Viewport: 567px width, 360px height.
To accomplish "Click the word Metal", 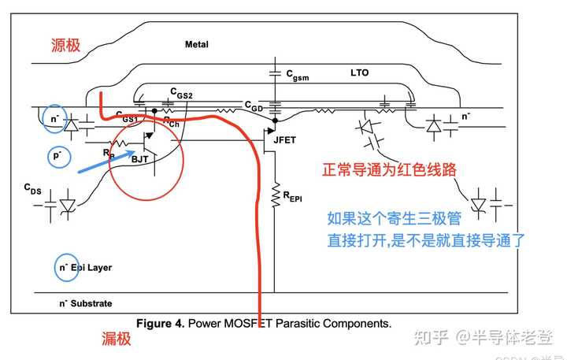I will (x=196, y=45).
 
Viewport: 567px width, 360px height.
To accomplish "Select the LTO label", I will (x=359, y=73).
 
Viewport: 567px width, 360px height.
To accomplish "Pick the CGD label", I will (x=254, y=105).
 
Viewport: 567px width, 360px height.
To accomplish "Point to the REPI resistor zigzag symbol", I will (x=276, y=193).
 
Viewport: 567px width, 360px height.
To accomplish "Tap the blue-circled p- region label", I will (x=57, y=155).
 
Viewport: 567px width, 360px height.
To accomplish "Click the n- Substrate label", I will (x=86, y=303).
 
